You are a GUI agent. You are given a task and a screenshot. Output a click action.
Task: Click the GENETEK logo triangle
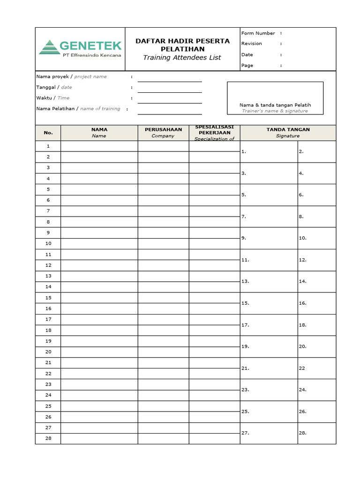coord(48,47)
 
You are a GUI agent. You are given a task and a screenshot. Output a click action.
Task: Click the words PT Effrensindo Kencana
coord(92,55)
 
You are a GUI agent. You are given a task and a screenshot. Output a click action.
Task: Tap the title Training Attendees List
coord(182,58)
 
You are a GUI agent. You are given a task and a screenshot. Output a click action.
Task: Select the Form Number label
coord(258,33)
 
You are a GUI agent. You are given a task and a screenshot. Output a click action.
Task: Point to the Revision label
coord(252,44)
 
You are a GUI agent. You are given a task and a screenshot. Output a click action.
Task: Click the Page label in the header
coord(247,66)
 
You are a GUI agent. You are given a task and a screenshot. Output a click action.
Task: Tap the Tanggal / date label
coord(54,87)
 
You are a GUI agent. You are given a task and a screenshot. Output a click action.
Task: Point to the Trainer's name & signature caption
coord(275,111)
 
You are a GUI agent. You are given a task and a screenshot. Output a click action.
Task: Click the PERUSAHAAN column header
coord(163,129)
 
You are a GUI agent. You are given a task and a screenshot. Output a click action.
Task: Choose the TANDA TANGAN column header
coord(288,129)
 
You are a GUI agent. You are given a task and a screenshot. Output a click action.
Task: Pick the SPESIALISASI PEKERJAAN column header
coord(214,130)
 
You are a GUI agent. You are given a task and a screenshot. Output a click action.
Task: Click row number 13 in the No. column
coord(48,276)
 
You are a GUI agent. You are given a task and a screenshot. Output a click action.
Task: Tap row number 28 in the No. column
coord(48,438)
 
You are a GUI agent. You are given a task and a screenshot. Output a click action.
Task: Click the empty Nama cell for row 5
coord(99,189)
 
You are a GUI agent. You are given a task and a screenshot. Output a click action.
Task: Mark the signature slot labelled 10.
coord(316,238)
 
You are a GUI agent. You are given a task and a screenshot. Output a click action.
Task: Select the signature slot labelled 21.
coord(269,368)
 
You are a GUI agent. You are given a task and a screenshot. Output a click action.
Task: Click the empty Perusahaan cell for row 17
coord(163,319)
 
